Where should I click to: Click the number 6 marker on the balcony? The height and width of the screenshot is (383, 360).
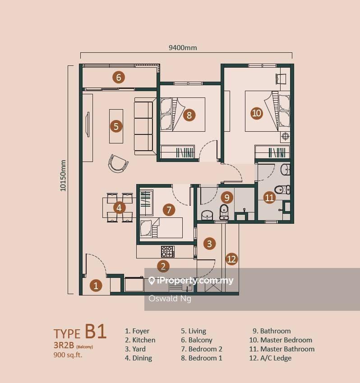(x=119, y=77)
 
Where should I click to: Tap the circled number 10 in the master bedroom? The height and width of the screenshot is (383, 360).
(x=256, y=113)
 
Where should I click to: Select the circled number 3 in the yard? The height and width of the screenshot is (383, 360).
(x=209, y=243)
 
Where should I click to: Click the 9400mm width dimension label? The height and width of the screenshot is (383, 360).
(x=183, y=47)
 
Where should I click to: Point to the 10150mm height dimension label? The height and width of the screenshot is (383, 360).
(x=63, y=175)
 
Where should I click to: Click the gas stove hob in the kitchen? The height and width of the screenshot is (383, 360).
(x=168, y=251)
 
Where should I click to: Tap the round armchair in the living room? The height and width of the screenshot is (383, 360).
(x=118, y=164)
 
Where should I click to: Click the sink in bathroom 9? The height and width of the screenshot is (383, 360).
(x=207, y=215)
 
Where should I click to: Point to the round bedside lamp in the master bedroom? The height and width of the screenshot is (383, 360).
(x=285, y=136)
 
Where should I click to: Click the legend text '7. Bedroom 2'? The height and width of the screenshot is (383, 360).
(x=202, y=349)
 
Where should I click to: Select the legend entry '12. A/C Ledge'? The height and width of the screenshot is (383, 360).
(x=270, y=358)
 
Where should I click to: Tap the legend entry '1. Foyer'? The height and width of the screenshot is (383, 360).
(x=137, y=331)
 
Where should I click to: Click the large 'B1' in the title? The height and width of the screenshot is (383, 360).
(x=96, y=331)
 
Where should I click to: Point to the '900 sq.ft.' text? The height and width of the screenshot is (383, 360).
(x=68, y=355)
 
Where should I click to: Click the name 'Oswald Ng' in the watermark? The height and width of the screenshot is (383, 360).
(x=170, y=299)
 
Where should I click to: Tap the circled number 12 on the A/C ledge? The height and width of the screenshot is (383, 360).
(x=231, y=259)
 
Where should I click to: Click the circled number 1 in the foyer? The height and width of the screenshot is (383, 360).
(x=96, y=285)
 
